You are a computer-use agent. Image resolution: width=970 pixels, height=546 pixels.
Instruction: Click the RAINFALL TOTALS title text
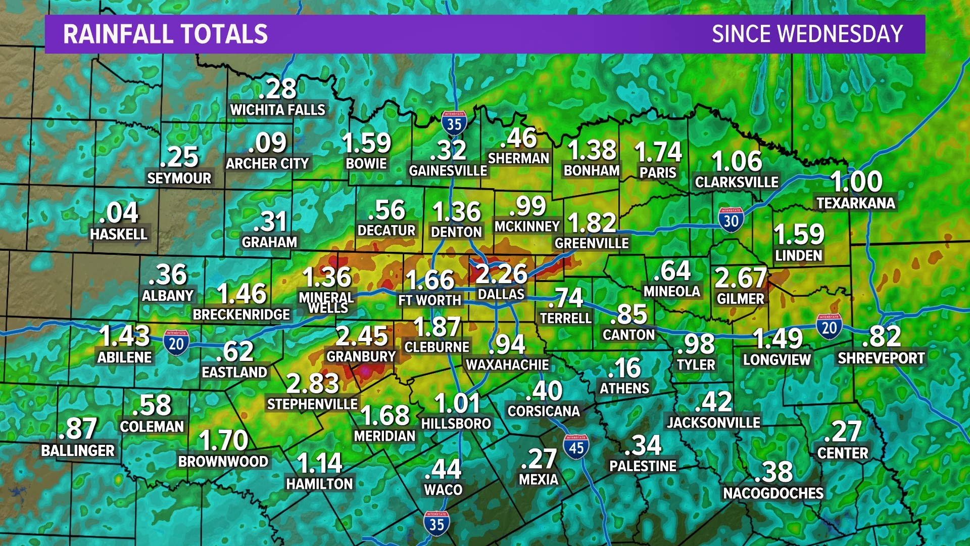point(165,34)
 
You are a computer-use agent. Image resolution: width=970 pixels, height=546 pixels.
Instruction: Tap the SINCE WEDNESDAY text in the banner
point(807,34)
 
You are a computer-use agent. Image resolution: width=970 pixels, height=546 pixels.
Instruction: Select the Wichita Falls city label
point(277,110)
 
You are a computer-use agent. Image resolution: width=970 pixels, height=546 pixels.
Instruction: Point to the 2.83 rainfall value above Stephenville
point(312,383)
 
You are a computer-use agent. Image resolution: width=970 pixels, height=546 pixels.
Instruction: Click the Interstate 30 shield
point(731,220)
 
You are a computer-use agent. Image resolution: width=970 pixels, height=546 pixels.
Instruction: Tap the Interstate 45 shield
point(576,447)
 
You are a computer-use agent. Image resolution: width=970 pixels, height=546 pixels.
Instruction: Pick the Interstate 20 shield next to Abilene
point(176,343)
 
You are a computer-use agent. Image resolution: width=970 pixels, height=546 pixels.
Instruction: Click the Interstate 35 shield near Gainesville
point(454,123)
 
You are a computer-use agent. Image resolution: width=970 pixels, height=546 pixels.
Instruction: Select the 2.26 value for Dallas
point(501,275)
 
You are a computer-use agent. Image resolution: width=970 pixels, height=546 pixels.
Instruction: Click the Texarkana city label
point(855,203)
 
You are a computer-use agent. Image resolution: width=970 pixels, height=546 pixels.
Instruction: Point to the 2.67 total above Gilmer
point(741,278)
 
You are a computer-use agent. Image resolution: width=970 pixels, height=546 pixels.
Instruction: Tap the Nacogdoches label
point(773,493)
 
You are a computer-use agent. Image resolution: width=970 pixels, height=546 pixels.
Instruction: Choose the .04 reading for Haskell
point(119,213)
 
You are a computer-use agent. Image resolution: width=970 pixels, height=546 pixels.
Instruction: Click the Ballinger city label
point(78,450)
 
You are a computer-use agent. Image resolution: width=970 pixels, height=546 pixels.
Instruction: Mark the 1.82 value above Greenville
point(592,223)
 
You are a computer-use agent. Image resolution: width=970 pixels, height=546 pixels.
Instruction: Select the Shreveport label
point(881,358)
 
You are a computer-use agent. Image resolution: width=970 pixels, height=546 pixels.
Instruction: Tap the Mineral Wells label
point(327,302)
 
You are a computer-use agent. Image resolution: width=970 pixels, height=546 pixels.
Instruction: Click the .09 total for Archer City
point(267,143)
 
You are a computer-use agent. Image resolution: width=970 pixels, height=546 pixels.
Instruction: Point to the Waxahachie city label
point(507,365)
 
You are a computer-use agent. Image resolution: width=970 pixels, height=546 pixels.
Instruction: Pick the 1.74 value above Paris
point(658,152)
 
